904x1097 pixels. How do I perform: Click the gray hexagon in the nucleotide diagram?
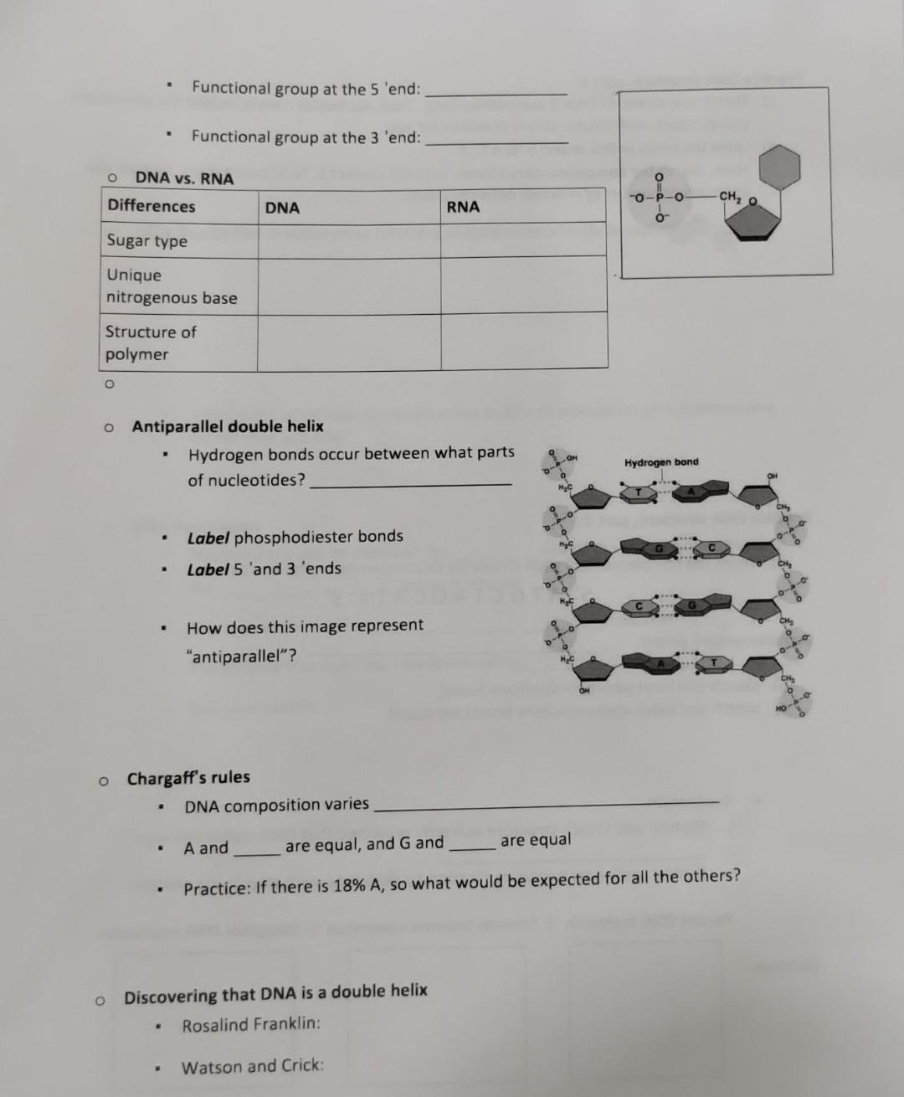click(x=778, y=165)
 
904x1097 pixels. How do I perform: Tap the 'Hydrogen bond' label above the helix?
click(x=661, y=462)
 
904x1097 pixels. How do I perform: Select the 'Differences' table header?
click(x=152, y=206)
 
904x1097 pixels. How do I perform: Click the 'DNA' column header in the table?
click(x=282, y=208)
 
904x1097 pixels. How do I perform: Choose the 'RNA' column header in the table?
click(x=463, y=207)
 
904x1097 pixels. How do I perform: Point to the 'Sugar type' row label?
click(x=147, y=241)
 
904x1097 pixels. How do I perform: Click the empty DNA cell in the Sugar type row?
click(x=349, y=240)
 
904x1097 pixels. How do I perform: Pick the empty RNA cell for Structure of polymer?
click(x=524, y=341)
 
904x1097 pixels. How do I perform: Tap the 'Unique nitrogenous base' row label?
click(x=171, y=286)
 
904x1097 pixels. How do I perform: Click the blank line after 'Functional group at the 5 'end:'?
click(x=496, y=93)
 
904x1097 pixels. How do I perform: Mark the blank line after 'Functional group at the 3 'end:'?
click(x=496, y=142)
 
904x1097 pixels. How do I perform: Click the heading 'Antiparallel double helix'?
click(x=228, y=426)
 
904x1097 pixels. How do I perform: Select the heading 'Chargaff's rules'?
click(x=188, y=778)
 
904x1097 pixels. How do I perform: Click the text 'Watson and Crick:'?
click(x=253, y=1066)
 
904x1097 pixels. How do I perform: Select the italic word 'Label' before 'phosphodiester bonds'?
click(x=208, y=538)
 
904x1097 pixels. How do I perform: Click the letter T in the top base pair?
click(x=638, y=492)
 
